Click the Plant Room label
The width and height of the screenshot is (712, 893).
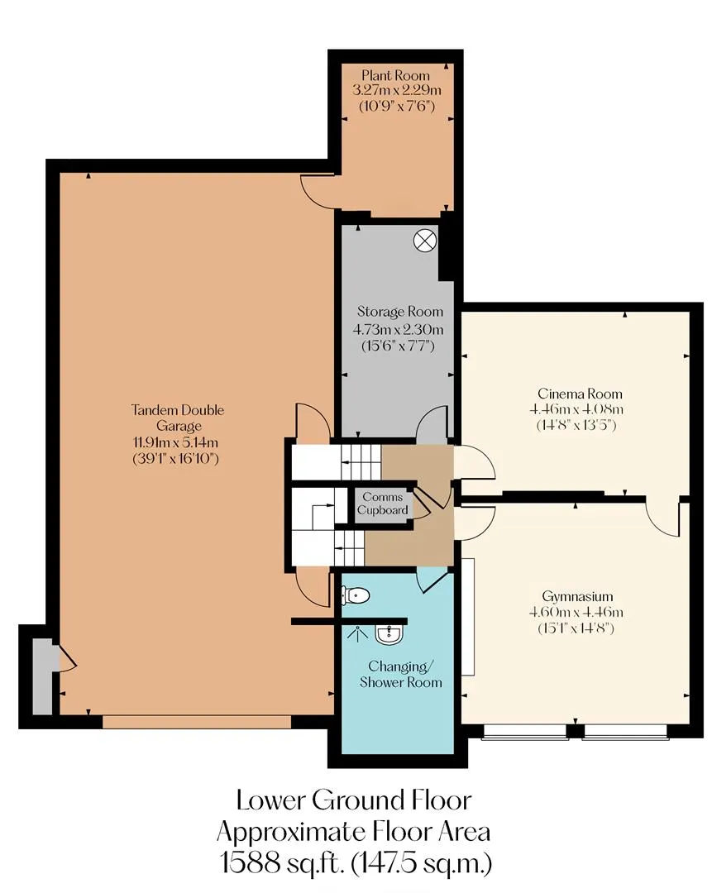coord(395,75)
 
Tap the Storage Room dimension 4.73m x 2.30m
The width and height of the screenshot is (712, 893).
coord(398,329)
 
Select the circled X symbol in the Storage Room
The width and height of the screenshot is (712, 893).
coord(425,241)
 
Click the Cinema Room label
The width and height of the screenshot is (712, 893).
coord(580,394)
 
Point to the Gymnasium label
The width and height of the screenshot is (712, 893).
coord(577,596)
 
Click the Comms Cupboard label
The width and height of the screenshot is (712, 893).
coord(383,504)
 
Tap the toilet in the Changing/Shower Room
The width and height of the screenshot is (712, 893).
coord(355,595)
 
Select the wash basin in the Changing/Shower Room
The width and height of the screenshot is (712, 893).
coord(389,634)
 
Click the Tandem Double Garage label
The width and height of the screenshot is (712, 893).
coord(178,418)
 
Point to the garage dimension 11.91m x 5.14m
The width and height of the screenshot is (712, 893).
coord(175,442)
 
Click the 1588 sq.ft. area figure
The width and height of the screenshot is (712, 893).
coord(283,862)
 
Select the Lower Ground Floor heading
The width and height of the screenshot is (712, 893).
coord(354,800)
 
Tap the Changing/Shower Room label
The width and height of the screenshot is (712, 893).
coord(401,675)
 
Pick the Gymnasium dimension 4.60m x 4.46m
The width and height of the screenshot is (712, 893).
coord(576,613)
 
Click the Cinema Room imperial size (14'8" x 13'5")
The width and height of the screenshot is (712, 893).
coord(576,425)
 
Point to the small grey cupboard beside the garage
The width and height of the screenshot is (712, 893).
coord(41,676)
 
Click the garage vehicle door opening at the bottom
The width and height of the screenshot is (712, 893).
coord(197,722)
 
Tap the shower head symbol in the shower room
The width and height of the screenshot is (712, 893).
coord(357,633)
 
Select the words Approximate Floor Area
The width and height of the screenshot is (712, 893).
coord(354,832)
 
